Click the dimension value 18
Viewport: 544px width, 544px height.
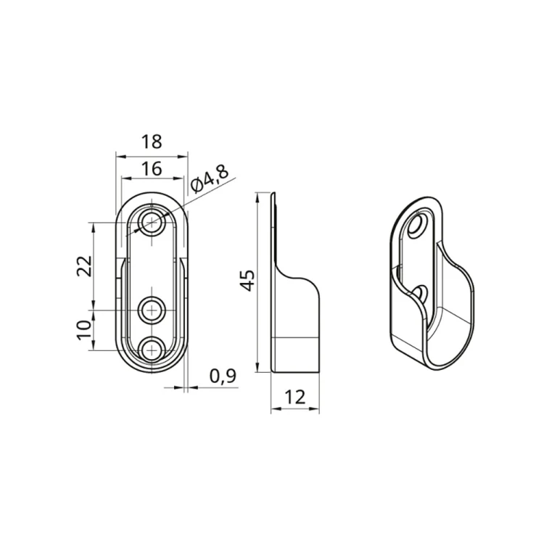[x=152, y=141]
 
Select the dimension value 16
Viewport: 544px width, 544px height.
[x=152, y=168]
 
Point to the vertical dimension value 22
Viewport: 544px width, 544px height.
[x=84, y=265]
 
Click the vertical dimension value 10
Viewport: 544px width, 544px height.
[x=84, y=329]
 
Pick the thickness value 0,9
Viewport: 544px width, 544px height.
[x=223, y=376]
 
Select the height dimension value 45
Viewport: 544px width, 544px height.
[x=248, y=280]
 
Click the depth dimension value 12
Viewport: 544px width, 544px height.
[x=294, y=397]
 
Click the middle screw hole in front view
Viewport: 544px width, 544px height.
[x=152, y=310]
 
